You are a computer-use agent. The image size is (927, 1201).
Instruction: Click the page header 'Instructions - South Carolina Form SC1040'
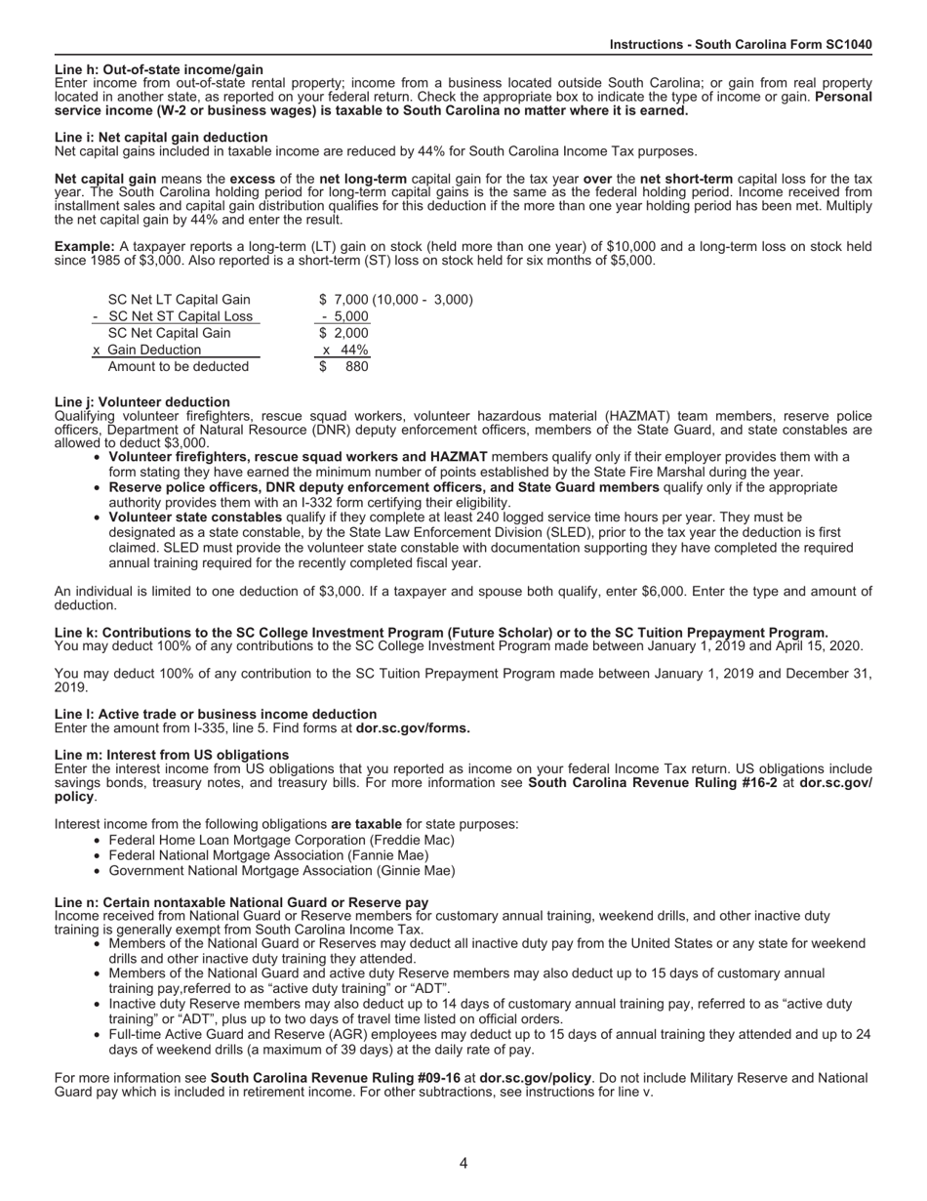point(741,45)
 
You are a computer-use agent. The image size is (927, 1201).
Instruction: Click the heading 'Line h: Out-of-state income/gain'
point(159,70)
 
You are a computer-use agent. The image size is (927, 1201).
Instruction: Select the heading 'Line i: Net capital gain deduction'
point(161,138)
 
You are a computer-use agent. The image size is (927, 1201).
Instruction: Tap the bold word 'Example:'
point(84,248)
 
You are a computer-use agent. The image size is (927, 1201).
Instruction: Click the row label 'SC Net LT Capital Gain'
point(179,300)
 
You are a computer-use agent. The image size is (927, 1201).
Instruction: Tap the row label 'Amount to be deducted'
point(178,367)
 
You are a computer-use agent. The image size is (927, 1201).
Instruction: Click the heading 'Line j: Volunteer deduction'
point(142,402)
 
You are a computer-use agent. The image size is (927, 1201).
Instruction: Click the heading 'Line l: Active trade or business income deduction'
point(216,715)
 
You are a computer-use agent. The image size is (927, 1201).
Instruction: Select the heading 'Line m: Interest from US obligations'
point(172,756)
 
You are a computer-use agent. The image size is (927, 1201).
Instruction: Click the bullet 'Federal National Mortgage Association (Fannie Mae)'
point(268,855)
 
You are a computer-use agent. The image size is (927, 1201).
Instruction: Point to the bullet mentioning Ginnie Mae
point(281,871)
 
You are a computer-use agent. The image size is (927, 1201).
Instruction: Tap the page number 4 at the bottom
point(463,1163)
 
